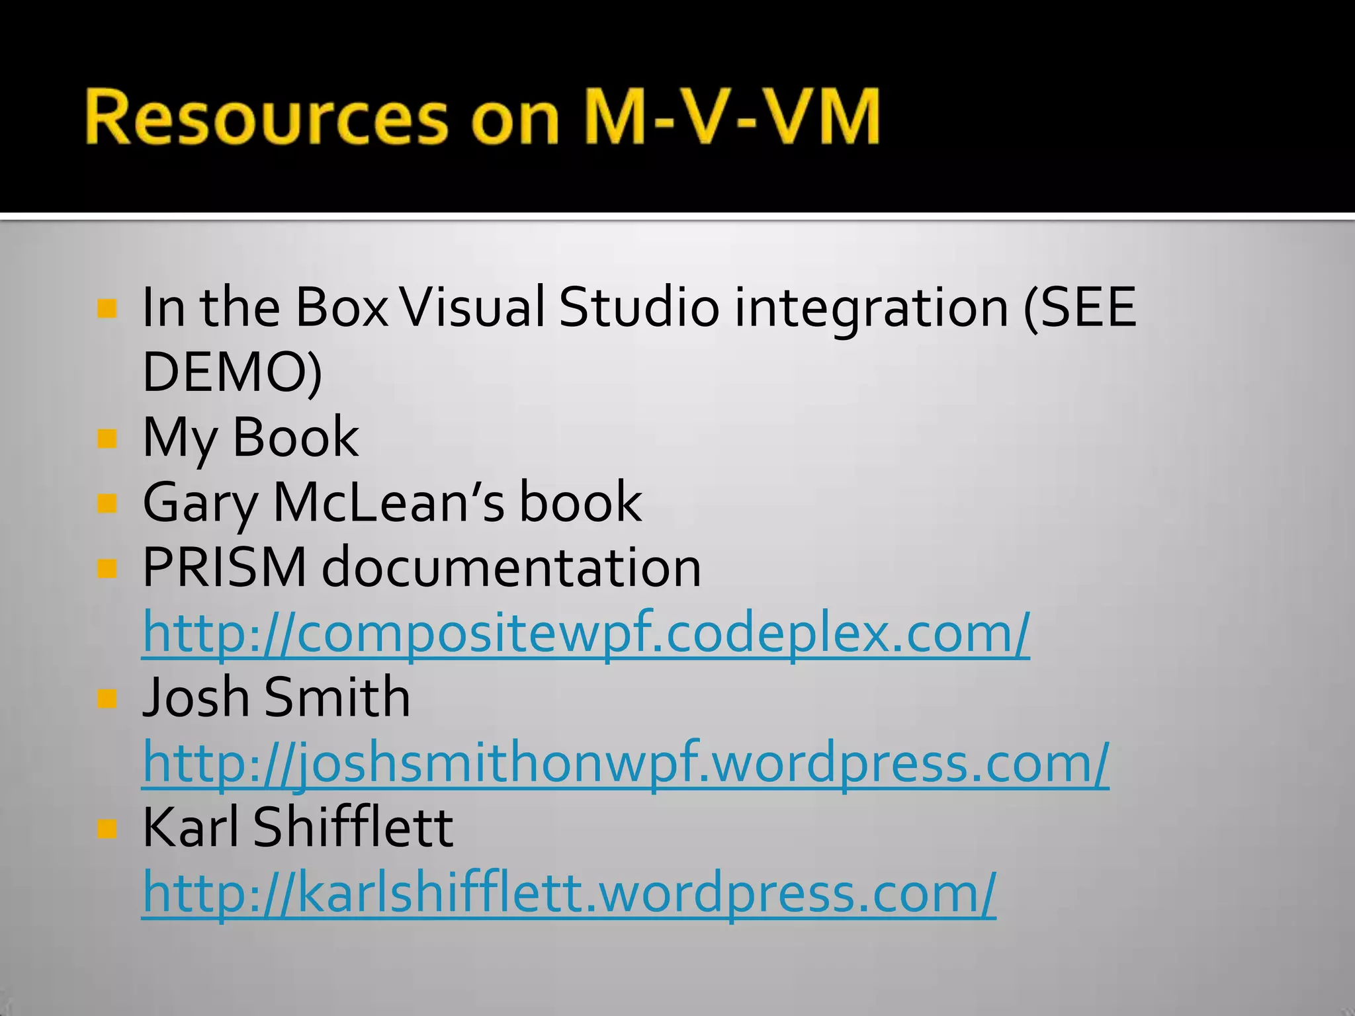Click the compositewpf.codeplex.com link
(x=586, y=633)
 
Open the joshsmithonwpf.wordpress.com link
(x=625, y=763)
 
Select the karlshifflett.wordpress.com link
(x=569, y=893)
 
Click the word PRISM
(x=225, y=568)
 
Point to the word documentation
(x=511, y=568)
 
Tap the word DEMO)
(x=232, y=372)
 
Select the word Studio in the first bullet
(x=639, y=307)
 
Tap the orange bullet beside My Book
(x=107, y=438)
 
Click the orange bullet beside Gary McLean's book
(x=107, y=503)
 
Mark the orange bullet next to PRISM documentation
(x=107, y=568)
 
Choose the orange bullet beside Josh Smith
(x=107, y=698)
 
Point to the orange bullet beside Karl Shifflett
(x=107, y=828)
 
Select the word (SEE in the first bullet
(x=1079, y=307)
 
